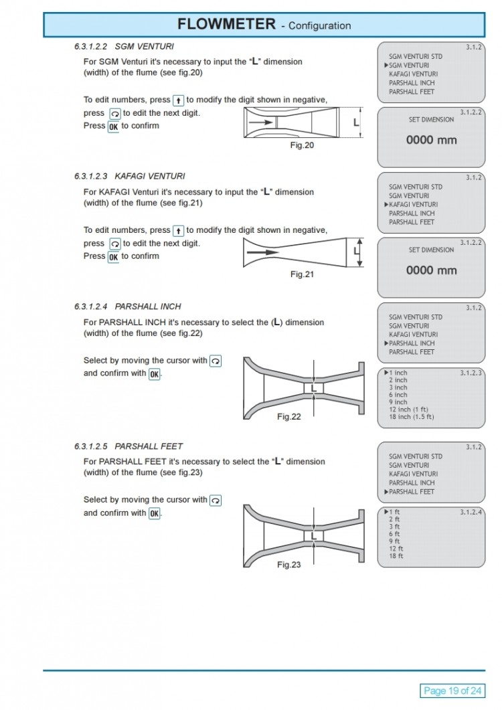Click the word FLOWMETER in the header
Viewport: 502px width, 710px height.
(x=226, y=24)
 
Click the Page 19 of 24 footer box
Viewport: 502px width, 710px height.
(x=453, y=691)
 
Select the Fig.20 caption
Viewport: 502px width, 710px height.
(x=302, y=145)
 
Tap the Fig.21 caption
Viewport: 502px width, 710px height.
(x=302, y=274)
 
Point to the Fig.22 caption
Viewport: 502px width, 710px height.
(x=289, y=416)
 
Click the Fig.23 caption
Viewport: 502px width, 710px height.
(x=289, y=564)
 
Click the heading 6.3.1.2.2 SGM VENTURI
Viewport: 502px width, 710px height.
(x=124, y=46)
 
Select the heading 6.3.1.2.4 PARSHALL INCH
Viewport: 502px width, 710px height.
(x=127, y=306)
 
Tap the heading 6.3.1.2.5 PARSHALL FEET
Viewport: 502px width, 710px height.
(x=128, y=446)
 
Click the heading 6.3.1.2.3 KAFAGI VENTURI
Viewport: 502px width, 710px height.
(x=129, y=176)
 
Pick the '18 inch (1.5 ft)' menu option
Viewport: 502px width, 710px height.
(x=411, y=417)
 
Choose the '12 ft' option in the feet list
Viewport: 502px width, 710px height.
(x=396, y=549)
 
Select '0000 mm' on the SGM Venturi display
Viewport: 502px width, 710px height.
(x=431, y=141)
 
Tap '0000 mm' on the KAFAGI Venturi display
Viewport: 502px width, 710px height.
(x=431, y=270)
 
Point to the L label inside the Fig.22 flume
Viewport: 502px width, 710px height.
(x=313, y=387)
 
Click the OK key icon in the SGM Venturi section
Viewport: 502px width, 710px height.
(x=113, y=126)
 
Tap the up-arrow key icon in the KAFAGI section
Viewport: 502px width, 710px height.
(x=178, y=231)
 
